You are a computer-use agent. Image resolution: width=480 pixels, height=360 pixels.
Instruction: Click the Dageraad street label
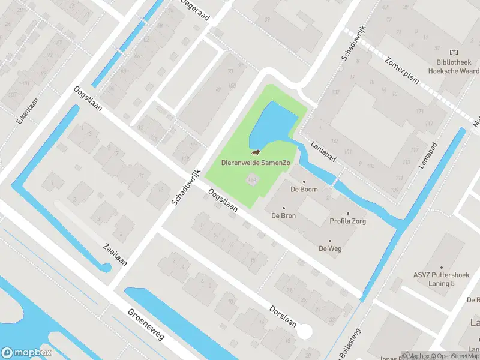[x=196, y=10]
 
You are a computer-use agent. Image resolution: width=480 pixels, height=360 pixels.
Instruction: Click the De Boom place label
[x=304, y=189]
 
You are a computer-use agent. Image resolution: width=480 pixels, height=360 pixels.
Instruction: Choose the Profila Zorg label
[x=347, y=221]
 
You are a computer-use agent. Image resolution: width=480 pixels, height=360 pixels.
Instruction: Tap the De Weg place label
[x=330, y=248]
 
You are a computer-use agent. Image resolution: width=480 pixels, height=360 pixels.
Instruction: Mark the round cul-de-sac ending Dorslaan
[x=305, y=331]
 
